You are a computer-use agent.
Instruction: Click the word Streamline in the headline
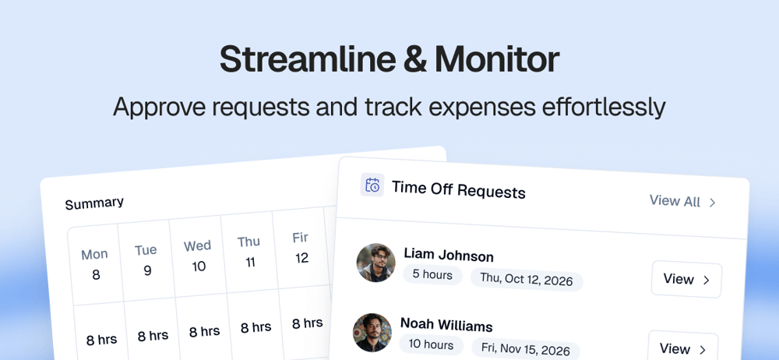pos(308,60)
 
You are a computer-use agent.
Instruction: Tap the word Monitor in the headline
pos(497,60)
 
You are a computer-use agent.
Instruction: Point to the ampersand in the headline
pos(415,60)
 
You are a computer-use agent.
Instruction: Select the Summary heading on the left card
pos(94,203)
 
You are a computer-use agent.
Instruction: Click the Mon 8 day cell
pos(95,264)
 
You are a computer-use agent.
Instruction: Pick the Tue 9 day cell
pos(146,259)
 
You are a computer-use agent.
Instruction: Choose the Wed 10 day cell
pos(198,256)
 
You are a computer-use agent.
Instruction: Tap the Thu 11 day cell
pos(249,251)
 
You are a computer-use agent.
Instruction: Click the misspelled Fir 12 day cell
pos(301,247)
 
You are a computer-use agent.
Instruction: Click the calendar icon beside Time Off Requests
pos(372,185)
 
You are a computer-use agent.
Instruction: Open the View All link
pos(682,201)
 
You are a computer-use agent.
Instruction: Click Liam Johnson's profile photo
pos(376,263)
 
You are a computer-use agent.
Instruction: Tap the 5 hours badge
pos(432,274)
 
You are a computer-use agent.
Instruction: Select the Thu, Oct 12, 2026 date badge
pos(527,279)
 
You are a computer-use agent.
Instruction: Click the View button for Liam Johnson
pos(686,280)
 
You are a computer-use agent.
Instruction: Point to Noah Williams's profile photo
pos(372,333)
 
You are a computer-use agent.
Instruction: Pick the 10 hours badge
pos(431,344)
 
